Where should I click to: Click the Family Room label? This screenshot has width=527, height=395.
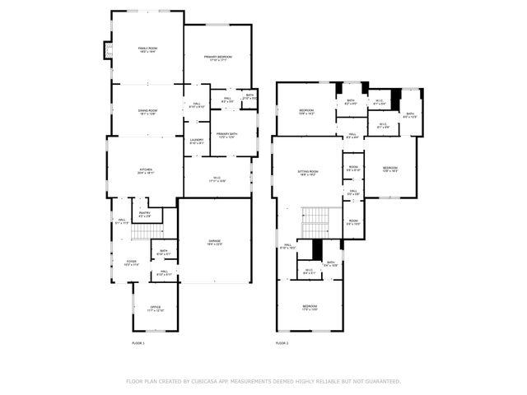147,49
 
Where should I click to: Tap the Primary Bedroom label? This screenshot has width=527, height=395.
218,57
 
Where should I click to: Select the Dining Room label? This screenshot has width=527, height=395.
147,110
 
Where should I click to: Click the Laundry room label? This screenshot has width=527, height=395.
197,140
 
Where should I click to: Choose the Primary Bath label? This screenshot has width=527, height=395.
226,133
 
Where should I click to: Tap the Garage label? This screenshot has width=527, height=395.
214,241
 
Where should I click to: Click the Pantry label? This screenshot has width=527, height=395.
145,213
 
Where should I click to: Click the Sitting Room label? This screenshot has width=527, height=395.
308,171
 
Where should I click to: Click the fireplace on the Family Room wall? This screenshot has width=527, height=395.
105,50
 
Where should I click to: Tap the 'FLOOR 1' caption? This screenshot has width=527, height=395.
138,342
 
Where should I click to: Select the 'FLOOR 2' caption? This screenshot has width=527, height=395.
282,342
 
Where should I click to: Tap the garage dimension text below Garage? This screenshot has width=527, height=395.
214,244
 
